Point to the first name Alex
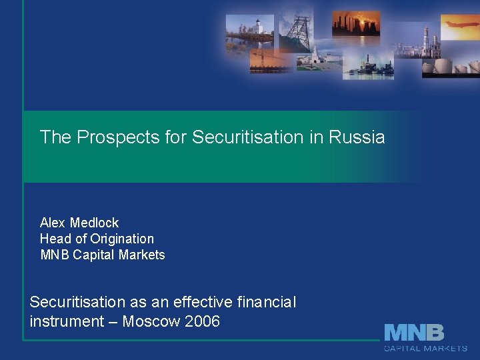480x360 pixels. tap(53, 223)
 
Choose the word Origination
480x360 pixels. tap(122, 239)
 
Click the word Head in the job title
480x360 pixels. tap(55, 239)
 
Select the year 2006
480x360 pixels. tap(203, 321)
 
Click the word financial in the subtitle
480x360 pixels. tap(266, 303)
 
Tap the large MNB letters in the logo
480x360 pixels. tap(413, 333)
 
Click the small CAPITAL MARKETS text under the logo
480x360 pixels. tap(425, 348)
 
